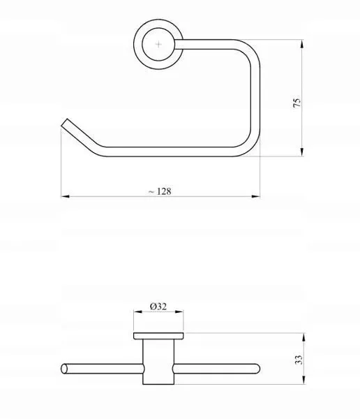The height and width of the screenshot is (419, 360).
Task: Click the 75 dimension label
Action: [x=297, y=103]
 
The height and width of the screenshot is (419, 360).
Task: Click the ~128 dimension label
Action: [x=160, y=191]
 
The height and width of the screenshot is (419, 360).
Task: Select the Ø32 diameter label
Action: [x=158, y=307]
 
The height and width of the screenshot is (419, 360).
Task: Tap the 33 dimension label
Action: [x=299, y=360]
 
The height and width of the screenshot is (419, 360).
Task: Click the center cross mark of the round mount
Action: [x=158, y=44]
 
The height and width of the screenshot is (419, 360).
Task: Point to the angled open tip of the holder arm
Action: [x=64, y=123]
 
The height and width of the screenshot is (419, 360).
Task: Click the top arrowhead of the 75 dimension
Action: [x=302, y=43]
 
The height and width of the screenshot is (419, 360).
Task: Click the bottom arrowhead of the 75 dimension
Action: [x=302, y=152]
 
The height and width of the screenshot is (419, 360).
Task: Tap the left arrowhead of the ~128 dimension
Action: [x=66, y=196]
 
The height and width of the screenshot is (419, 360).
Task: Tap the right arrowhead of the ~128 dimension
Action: [x=256, y=196]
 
